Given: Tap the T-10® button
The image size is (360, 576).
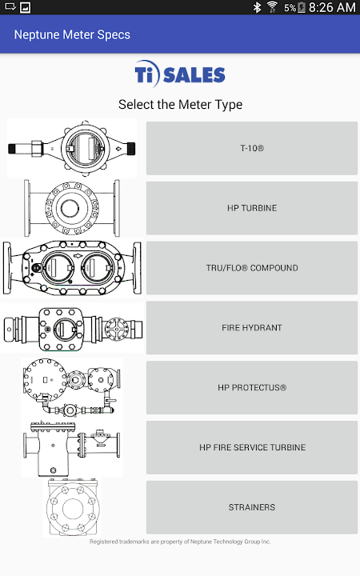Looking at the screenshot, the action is (252, 148).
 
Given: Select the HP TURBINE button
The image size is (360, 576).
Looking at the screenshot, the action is (252, 208).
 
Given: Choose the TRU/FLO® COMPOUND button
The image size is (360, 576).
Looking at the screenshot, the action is (252, 268).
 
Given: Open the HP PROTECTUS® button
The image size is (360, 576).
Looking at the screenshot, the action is (252, 387).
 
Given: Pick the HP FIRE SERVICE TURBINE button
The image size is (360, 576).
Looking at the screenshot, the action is (252, 447).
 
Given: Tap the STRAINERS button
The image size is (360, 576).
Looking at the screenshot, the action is (252, 507).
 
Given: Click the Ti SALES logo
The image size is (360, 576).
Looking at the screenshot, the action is (180, 74).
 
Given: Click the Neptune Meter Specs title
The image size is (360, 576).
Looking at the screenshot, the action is (72, 34).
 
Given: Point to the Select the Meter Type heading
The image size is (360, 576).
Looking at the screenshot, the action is (180, 105).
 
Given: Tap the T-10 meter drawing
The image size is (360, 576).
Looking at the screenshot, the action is (72, 149).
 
